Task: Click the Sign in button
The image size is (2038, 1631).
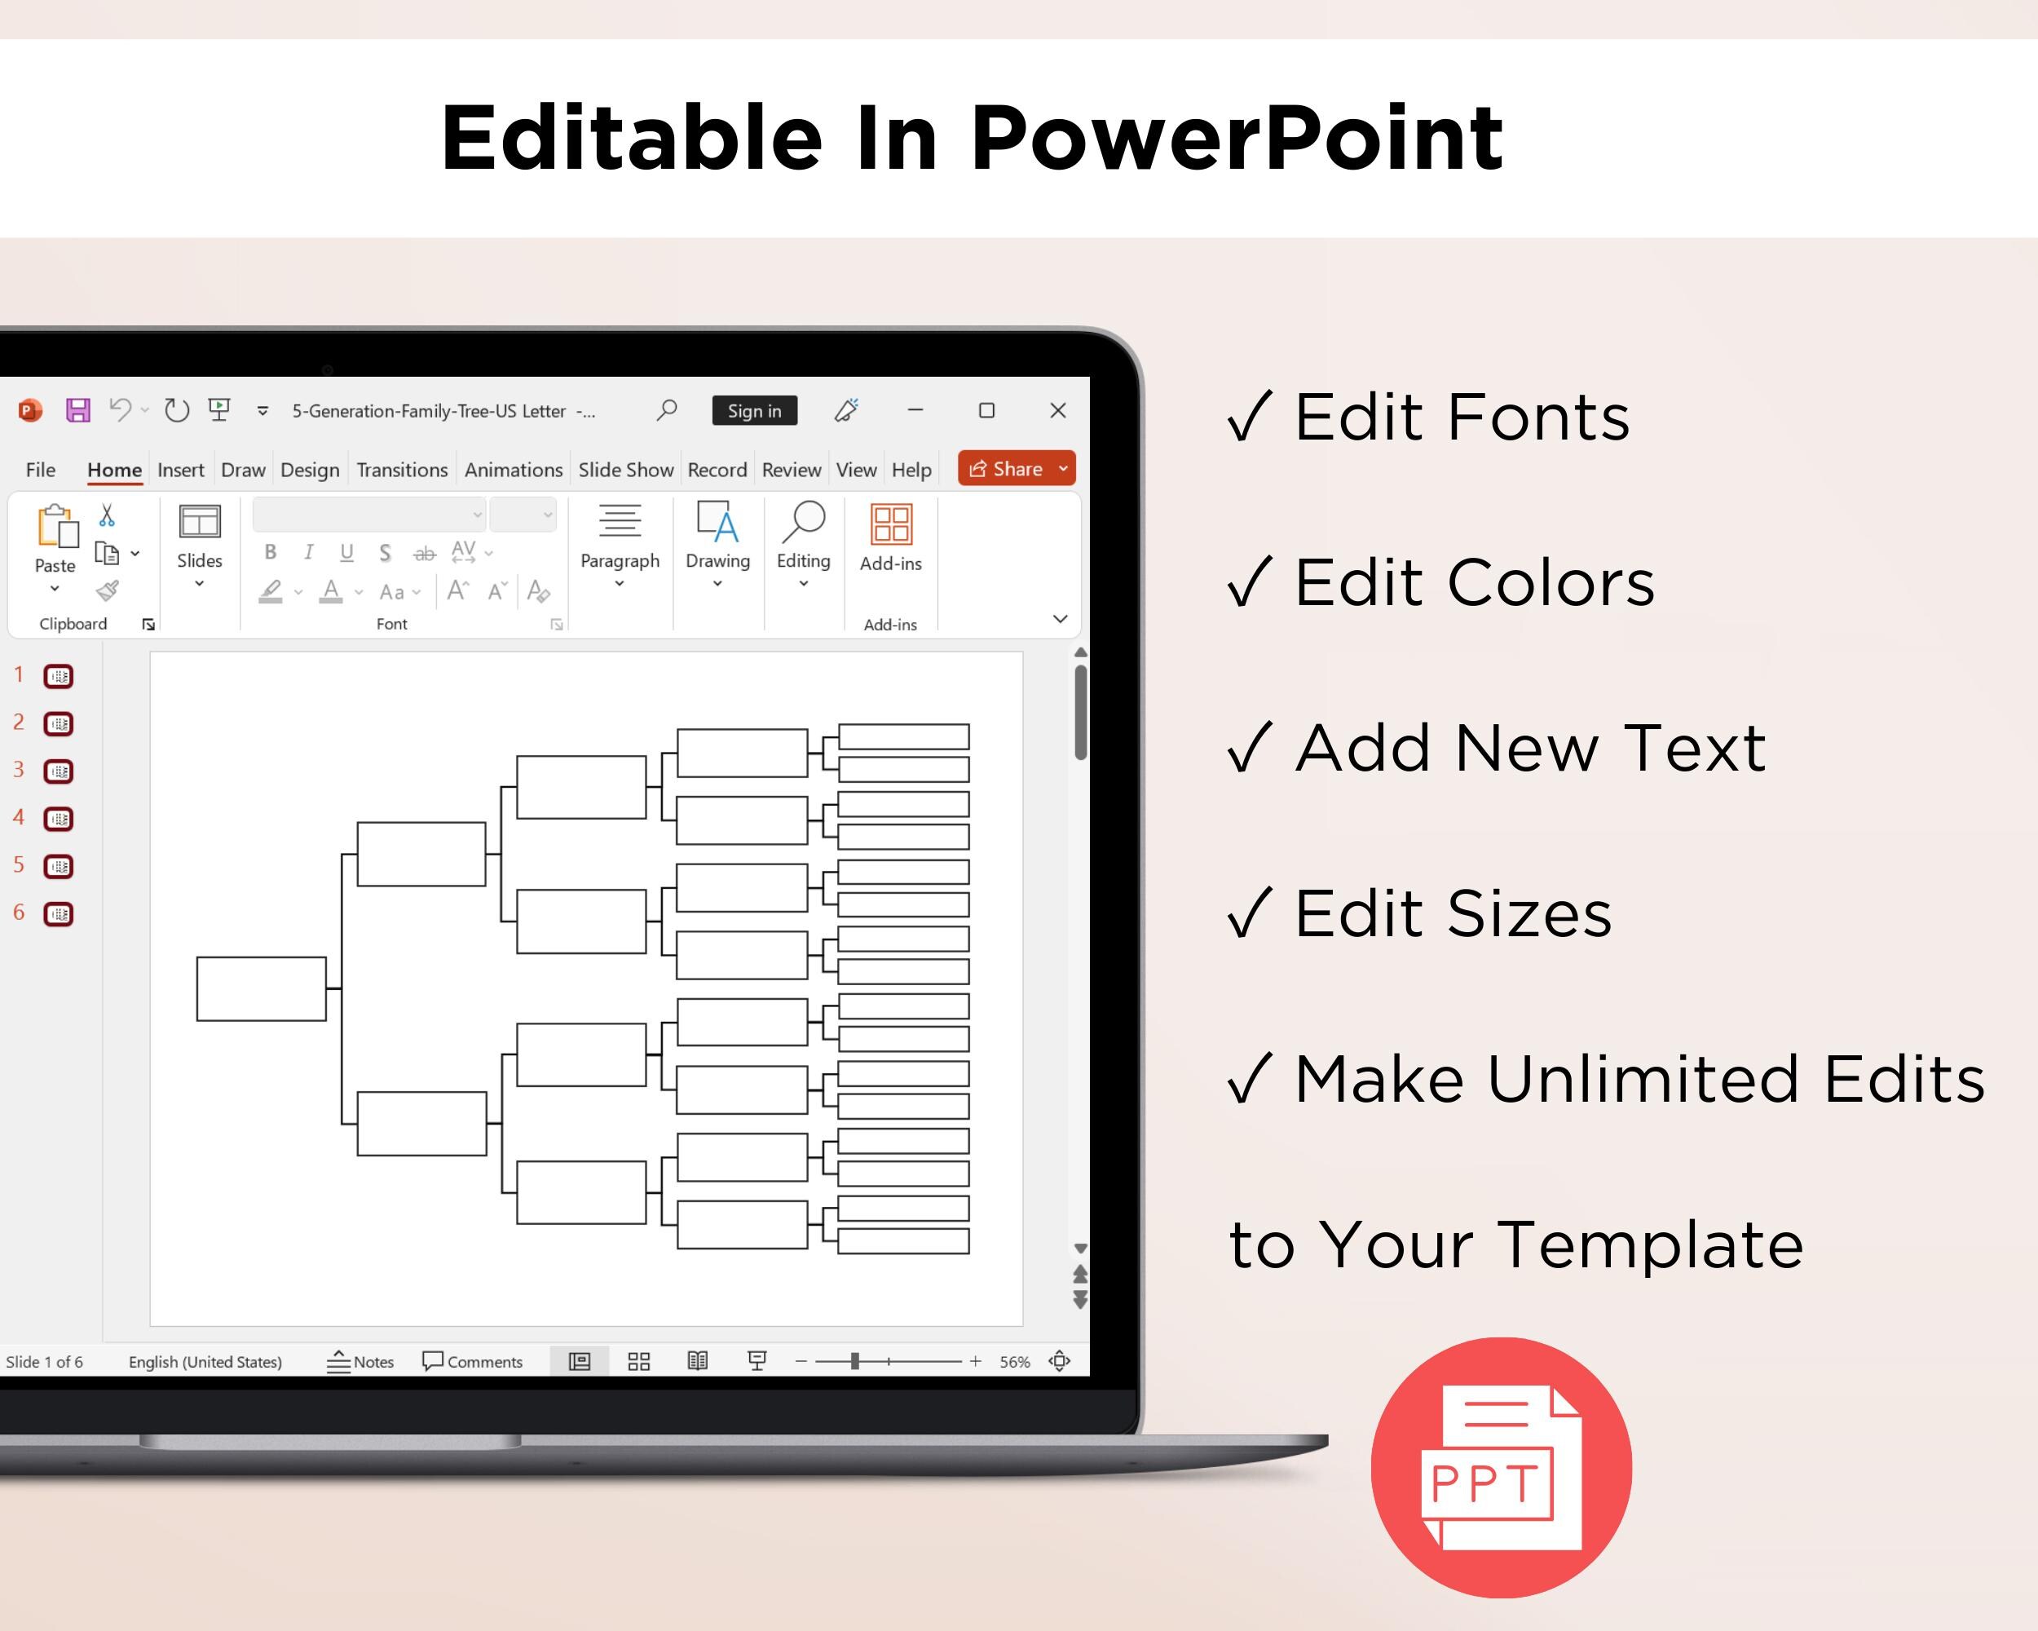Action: tap(754, 410)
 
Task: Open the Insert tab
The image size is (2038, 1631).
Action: tap(180, 470)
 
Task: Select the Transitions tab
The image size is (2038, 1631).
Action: tap(402, 470)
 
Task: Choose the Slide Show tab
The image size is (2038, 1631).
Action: tap(626, 470)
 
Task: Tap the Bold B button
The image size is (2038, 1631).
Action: tap(271, 552)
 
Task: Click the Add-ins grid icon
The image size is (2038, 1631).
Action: tap(890, 523)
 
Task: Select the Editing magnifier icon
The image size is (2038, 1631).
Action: tap(804, 522)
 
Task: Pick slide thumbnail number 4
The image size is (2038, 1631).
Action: tap(59, 819)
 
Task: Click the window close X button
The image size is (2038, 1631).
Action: tap(1058, 410)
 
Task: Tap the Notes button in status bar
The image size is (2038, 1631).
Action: tap(360, 1362)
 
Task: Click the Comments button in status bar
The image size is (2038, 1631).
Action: tap(472, 1362)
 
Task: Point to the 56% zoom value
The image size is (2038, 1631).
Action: tap(1014, 1362)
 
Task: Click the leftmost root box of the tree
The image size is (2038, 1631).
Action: tap(261, 989)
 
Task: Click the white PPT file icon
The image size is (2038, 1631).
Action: tap(1501, 1467)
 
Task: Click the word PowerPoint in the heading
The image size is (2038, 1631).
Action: tap(1237, 138)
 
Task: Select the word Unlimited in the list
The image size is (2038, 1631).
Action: tap(1643, 1079)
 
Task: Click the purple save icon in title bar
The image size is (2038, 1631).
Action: tap(77, 410)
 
